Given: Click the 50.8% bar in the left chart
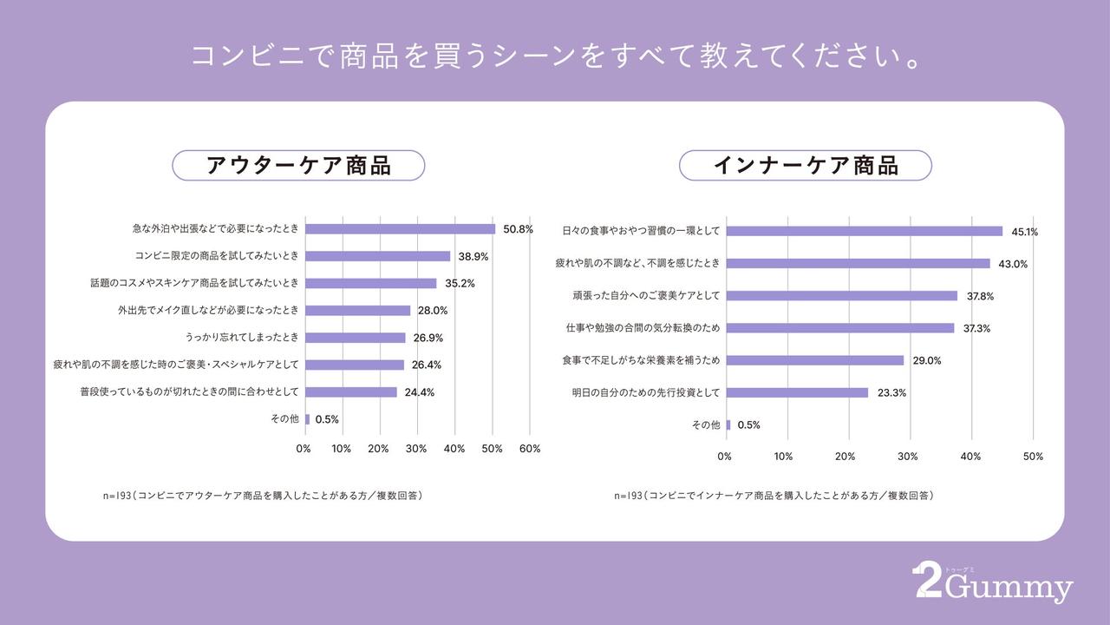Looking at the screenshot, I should pyautogui.click(x=400, y=229).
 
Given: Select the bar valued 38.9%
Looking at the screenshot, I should pyautogui.click(x=377, y=256).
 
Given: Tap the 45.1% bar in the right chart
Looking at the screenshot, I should pyautogui.click(x=864, y=231).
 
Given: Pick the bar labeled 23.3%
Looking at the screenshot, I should pyautogui.click(x=797, y=392).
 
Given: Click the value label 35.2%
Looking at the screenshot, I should pyautogui.click(x=460, y=283).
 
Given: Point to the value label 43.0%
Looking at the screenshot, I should pyautogui.click(x=1012, y=264).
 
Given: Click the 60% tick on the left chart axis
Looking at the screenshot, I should pyautogui.click(x=530, y=449).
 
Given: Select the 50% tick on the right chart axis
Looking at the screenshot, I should pyautogui.click(x=1033, y=457).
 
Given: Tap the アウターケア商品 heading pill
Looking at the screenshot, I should pyautogui.click(x=298, y=165).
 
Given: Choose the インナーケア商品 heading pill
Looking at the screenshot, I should pyautogui.click(x=805, y=165).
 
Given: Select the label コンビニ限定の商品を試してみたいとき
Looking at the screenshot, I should pyautogui.click(x=217, y=256).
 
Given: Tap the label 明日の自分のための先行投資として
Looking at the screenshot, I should pyautogui.click(x=645, y=392).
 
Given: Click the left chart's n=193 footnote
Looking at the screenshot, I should pyautogui.click(x=263, y=496).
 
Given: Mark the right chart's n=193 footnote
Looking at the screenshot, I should pyautogui.click(x=774, y=496).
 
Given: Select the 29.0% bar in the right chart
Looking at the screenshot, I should pyautogui.click(x=814, y=360).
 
